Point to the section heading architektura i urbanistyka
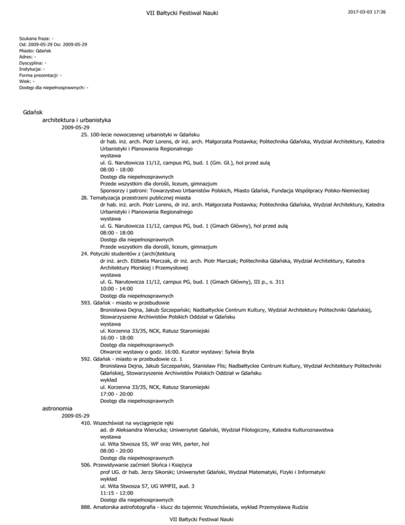pos(76,121)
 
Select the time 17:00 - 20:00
pos(117,393)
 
